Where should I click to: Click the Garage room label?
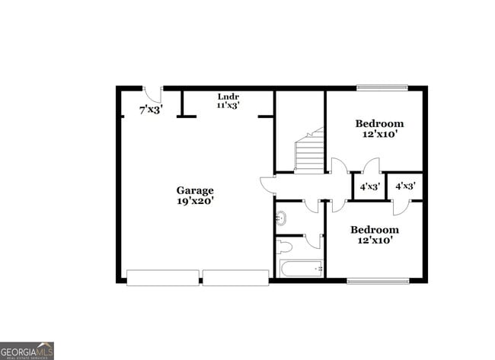pos(195,190)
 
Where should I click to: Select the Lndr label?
pos(228,97)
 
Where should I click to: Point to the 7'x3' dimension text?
pos(151,110)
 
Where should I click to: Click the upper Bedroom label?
pos(379,123)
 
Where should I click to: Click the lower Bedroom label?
pos(374,230)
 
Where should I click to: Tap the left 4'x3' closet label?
pos(369,186)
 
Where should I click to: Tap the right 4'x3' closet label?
pos(404,186)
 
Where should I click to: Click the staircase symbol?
pos(309,151)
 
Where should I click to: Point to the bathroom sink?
pos(280,218)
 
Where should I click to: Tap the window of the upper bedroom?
pos(382,88)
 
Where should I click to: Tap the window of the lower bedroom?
pos(378,281)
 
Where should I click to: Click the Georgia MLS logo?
pos(27,350)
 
